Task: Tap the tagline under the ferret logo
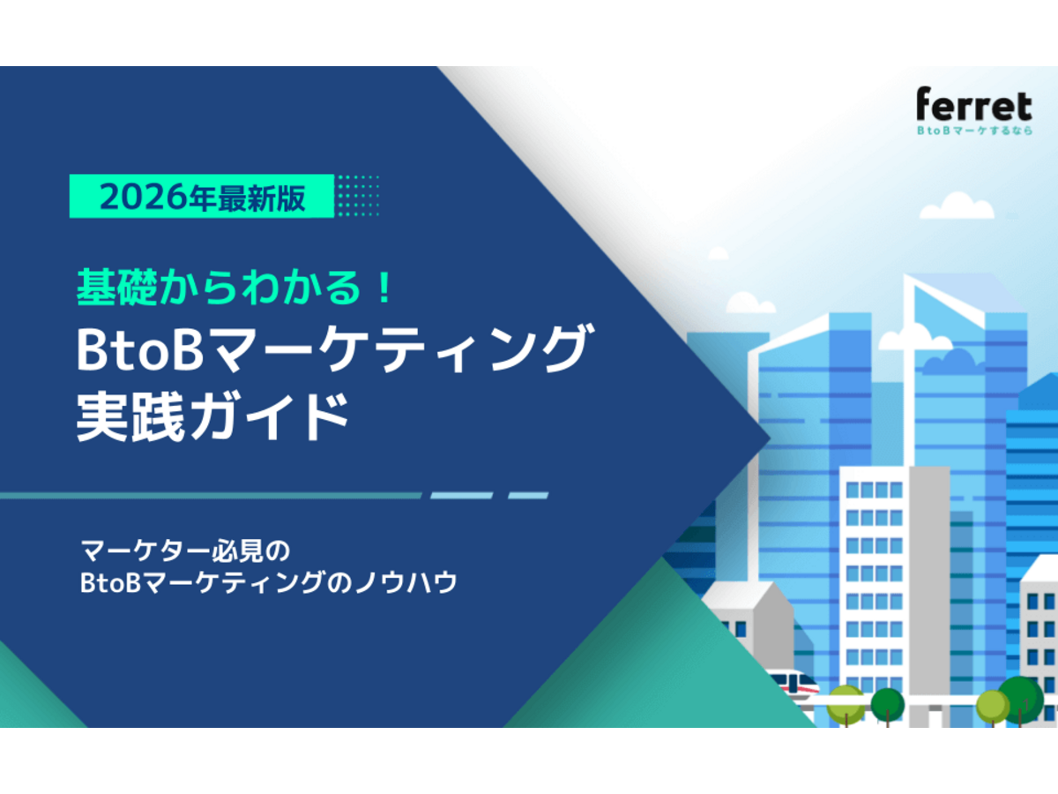[973, 130]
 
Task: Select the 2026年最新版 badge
[202, 197]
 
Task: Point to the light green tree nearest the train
[845, 702]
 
